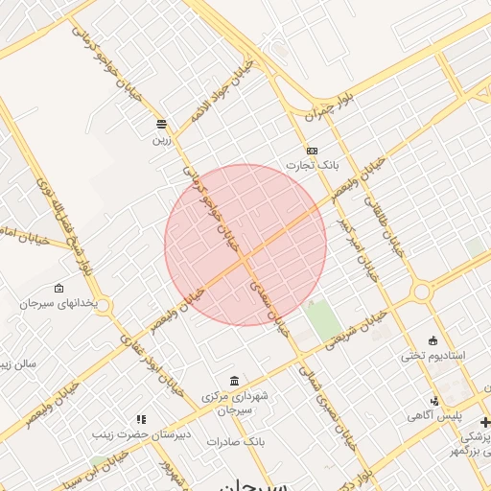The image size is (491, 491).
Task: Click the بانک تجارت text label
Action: tap(316, 166)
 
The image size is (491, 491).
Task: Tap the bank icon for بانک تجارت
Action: tap(312, 151)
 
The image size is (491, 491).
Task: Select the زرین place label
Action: tap(161, 139)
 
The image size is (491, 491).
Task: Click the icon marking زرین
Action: tap(161, 124)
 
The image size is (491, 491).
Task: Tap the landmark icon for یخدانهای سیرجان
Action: tap(59, 288)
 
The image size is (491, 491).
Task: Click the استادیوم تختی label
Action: tap(433, 355)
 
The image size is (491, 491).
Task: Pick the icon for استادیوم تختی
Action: tap(433, 339)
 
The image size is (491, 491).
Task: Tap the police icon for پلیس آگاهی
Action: tap(434, 401)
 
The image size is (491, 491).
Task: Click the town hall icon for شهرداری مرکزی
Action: tap(235, 381)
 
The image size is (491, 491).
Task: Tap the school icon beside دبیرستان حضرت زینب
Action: tap(142, 419)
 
